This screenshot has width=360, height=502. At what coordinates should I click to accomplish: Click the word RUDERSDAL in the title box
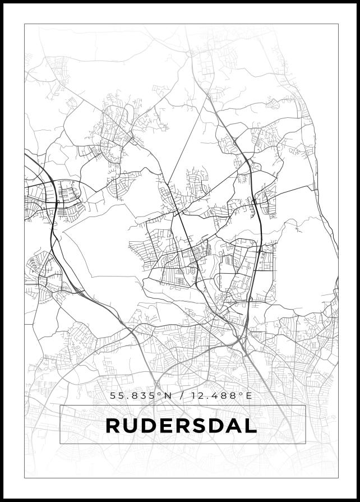[181, 425]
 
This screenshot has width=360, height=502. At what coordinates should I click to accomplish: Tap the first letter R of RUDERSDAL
[113, 425]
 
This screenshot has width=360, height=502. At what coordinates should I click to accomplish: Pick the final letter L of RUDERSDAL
[250, 425]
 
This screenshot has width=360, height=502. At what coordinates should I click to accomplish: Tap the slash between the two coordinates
[181, 396]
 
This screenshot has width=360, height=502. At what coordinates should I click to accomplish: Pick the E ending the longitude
[250, 396]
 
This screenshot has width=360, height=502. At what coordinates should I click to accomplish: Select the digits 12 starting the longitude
[197, 396]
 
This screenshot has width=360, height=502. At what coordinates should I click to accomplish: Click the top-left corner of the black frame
[2, 2]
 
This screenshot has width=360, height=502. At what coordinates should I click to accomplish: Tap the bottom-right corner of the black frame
[358, 500]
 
